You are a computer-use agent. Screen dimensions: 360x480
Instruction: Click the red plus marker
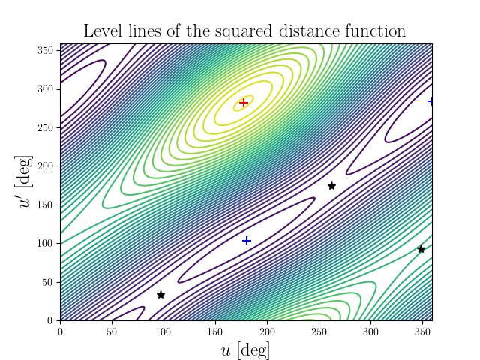243,102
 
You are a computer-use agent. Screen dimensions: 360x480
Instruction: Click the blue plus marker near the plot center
247,241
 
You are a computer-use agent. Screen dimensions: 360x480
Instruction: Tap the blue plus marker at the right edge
431,101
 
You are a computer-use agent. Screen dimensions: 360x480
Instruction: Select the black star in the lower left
160,295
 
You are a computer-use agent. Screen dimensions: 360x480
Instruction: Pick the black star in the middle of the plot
331,186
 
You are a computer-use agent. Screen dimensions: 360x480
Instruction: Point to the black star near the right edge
421,249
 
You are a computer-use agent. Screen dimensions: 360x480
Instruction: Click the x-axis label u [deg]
245,349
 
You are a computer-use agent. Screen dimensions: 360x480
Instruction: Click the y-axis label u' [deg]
26,182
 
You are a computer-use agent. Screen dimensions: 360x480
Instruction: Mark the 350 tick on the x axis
422,330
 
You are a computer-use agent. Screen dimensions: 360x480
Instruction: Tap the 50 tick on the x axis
112,330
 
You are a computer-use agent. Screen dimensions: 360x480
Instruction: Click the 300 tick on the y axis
46,88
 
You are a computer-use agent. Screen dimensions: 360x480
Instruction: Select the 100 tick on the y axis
46,243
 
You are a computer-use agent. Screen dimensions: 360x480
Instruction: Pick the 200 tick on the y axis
46,166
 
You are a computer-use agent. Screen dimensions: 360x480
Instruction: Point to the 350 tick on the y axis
46,50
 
